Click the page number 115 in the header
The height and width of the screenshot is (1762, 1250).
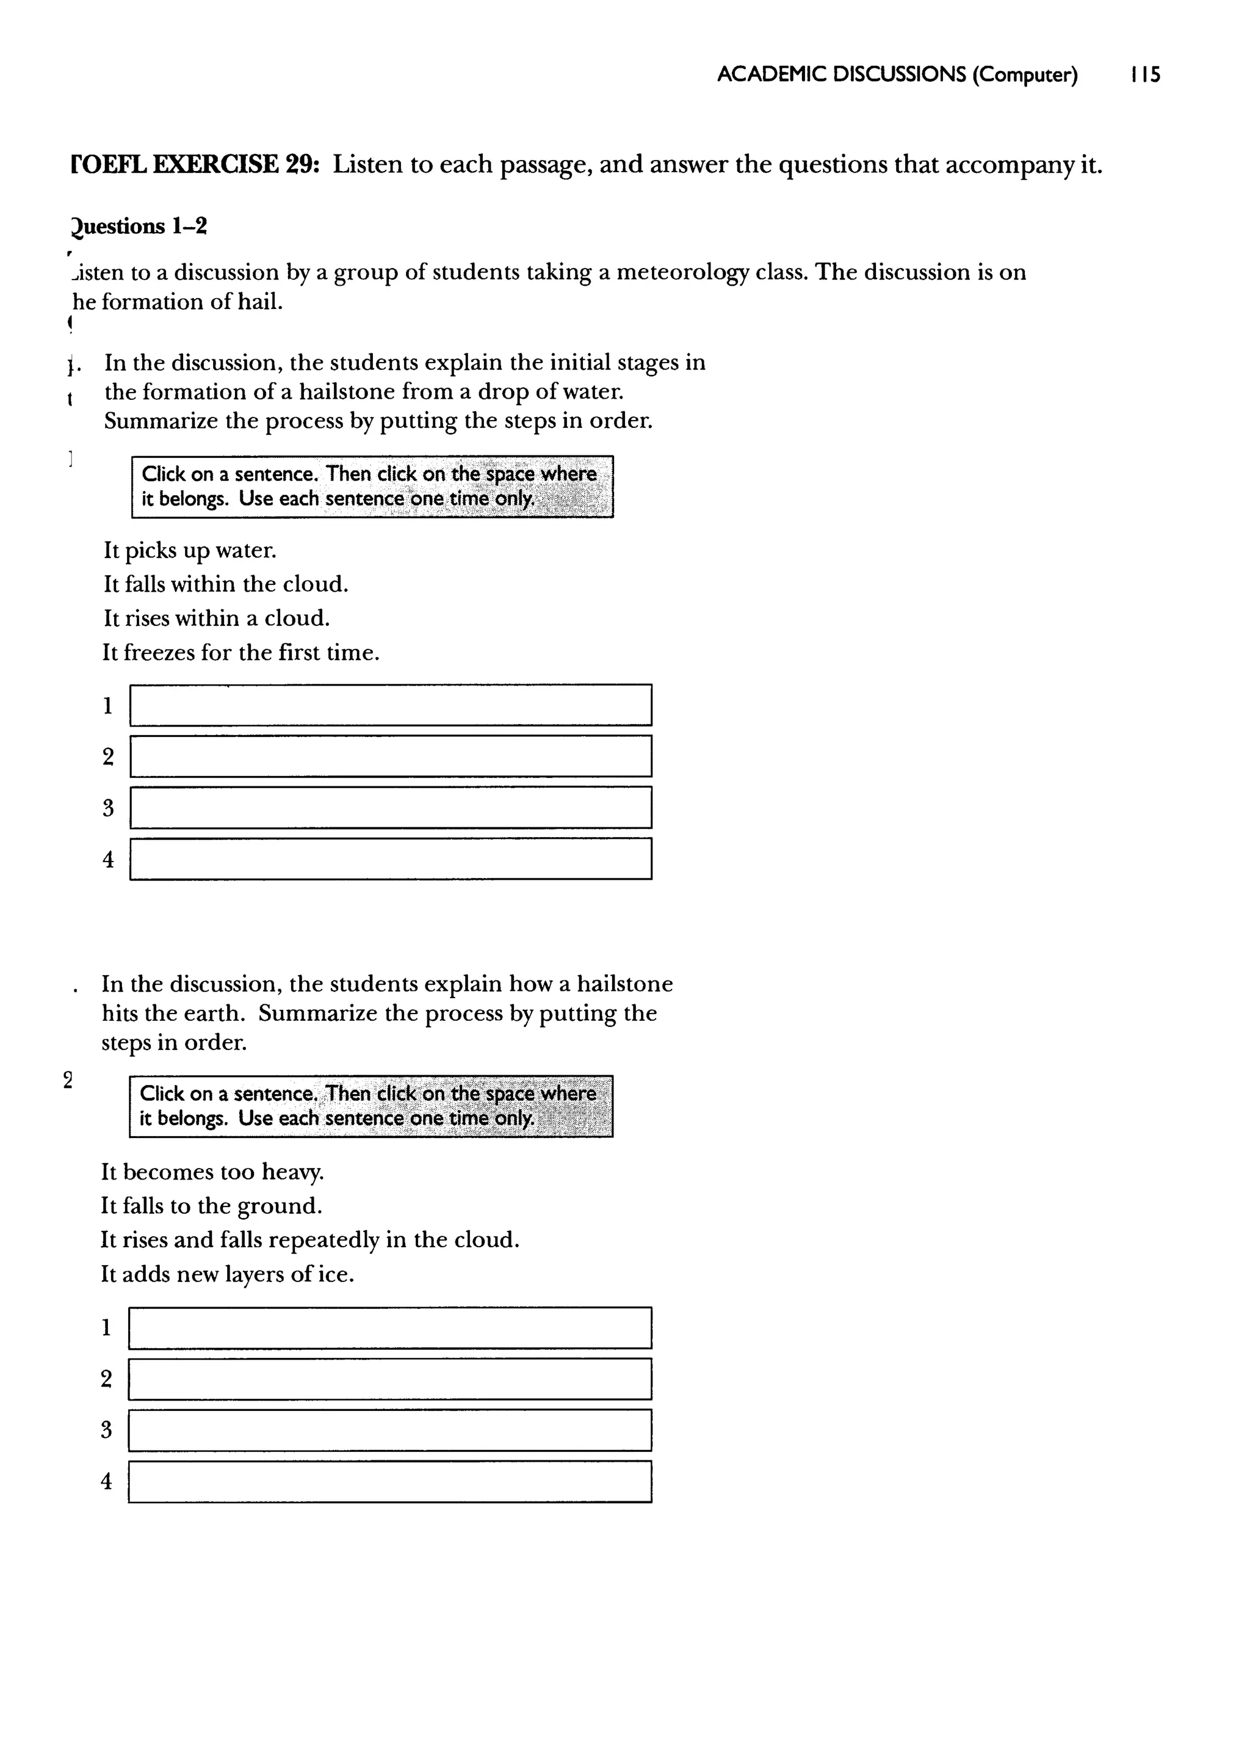point(1145,74)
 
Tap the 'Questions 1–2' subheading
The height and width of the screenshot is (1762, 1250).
point(139,227)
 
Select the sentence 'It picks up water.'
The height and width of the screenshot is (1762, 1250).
point(189,550)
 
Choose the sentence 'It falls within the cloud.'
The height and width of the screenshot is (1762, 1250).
point(225,584)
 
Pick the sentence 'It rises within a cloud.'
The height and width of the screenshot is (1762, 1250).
point(216,618)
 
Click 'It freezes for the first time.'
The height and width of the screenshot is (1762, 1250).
point(241,653)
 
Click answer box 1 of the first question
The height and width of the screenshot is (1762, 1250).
point(390,705)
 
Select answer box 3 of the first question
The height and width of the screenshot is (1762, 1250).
point(390,808)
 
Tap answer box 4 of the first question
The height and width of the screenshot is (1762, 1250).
point(390,859)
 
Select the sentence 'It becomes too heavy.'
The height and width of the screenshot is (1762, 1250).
point(212,1172)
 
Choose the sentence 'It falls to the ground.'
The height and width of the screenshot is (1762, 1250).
point(211,1206)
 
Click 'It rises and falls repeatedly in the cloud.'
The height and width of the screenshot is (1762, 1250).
point(310,1240)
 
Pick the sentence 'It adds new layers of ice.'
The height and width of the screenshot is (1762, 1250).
point(227,1275)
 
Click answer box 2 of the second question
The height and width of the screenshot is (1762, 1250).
point(389,1379)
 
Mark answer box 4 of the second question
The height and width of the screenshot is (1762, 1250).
point(389,1482)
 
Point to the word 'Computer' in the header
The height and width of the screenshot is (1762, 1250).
point(1025,74)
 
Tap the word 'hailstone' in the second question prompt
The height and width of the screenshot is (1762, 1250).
point(624,985)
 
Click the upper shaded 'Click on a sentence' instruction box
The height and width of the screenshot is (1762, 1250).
point(372,487)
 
